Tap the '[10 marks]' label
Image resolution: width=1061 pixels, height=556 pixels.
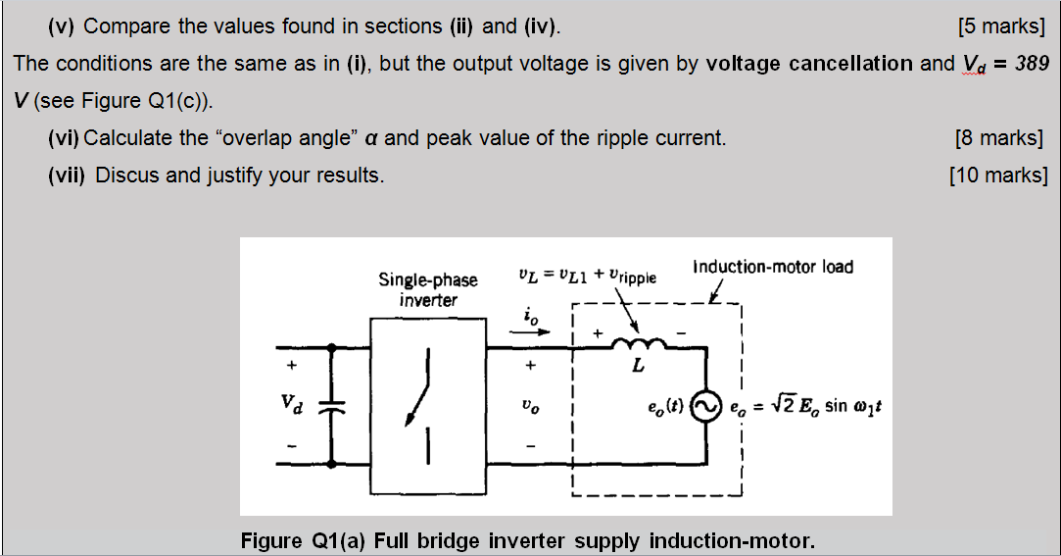pyautogui.click(x=998, y=176)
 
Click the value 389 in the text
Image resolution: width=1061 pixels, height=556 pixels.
pyautogui.click(x=1033, y=64)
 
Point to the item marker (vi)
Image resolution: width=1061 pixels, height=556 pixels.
pyautogui.click(x=64, y=137)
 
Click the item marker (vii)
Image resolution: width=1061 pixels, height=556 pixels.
pyautogui.click(x=68, y=176)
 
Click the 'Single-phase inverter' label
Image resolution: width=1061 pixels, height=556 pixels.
pyautogui.click(x=428, y=290)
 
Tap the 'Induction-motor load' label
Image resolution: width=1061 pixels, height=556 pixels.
pyautogui.click(x=773, y=267)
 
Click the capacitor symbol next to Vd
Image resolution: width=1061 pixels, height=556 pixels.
pyautogui.click(x=334, y=403)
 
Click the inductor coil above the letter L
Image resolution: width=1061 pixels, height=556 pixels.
pyautogui.click(x=638, y=342)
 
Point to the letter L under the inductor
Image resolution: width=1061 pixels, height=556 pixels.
pyautogui.click(x=638, y=366)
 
